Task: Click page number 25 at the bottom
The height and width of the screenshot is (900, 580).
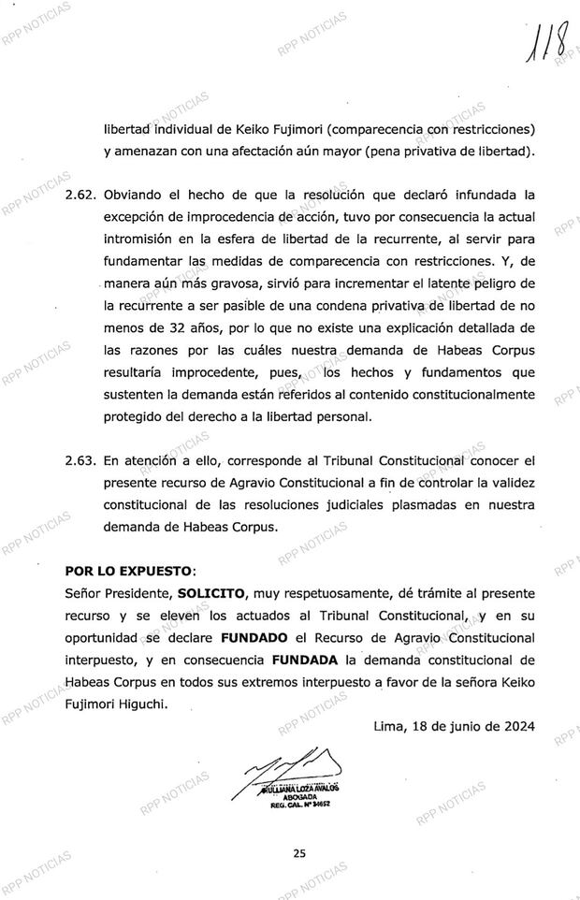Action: (298, 852)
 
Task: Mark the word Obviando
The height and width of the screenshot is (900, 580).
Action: (133, 196)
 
